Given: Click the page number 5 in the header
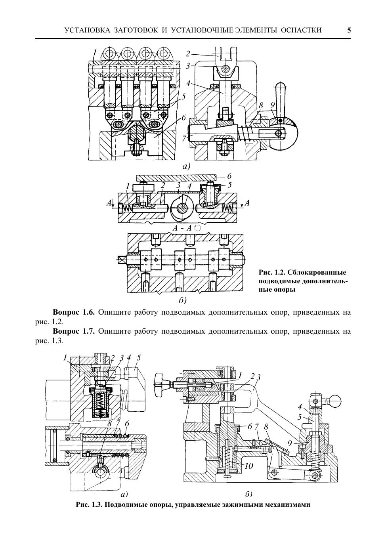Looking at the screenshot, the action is point(349,30).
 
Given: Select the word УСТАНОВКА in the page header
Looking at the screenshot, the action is point(87,30).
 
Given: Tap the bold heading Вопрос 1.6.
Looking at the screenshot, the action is point(74,312).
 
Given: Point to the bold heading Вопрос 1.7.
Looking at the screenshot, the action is point(74,332).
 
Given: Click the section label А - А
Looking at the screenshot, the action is point(182,228).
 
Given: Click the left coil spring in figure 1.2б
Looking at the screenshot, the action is point(127,208).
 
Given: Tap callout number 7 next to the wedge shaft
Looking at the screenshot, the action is point(183,138).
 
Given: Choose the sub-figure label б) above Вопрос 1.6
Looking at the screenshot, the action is point(182,300).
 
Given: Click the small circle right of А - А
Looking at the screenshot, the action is point(197,228).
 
